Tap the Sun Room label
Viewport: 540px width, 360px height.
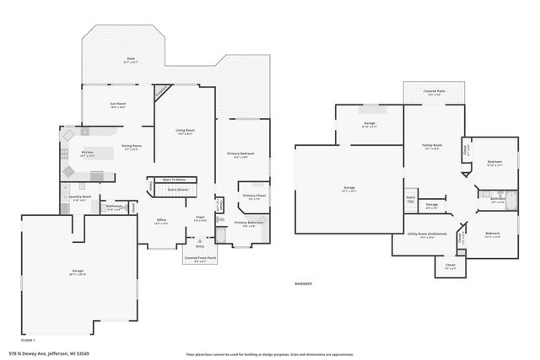pyautogui.click(x=117, y=105)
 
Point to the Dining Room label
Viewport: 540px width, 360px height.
pyautogui.click(x=131, y=147)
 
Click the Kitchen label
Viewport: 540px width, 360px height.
pyautogui.click(x=87, y=153)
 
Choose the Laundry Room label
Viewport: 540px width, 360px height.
pyautogui.click(x=80, y=197)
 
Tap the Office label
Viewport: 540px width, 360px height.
pyautogui.click(x=161, y=220)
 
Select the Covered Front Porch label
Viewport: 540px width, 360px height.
pyautogui.click(x=200, y=259)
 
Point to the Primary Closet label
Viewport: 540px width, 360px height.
pyautogui.click(x=254, y=196)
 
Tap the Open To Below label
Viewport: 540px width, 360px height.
pyautogui.click(x=174, y=180)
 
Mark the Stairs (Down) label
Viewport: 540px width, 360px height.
pyautogui.click(x=176, y=190)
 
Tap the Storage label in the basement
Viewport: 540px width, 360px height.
pyautogui.click(x=431, y=204)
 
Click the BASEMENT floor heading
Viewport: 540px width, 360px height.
pyautogui.click(x=303, y=284)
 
